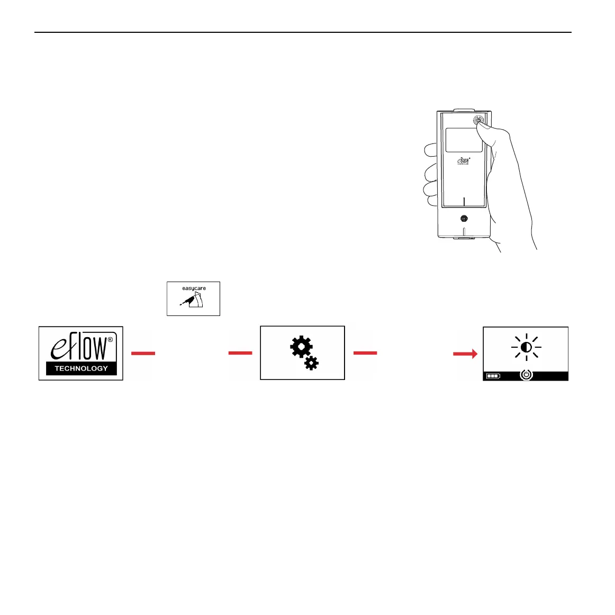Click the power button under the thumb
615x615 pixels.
(478, 120)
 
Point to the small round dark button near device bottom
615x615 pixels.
(464, 218)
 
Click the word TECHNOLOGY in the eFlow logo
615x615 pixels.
(81, 368)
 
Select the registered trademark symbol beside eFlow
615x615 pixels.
(110, 341)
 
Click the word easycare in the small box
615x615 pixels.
(194, 288)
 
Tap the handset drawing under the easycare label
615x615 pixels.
(194, 302)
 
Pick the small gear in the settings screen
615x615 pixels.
(312, 363)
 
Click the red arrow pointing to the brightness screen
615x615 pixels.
(465, 354)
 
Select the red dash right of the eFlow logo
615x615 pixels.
(143, 353)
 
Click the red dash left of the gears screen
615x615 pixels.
(240, 353)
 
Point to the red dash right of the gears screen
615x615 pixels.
(365, 353)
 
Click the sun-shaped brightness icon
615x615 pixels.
(526, 347)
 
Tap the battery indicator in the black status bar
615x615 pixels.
(493, 376)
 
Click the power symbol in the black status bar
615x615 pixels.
(526, 375)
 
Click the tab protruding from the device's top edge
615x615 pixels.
(464, 111)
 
